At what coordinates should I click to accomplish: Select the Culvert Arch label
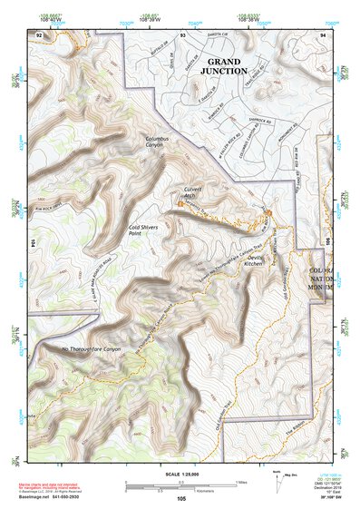pyautogui.click(x=186, y=192)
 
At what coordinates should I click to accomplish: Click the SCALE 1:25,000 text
pyautogui.click(x=180, y=474)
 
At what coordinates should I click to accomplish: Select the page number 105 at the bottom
pyautogui.click(x=181, y=498)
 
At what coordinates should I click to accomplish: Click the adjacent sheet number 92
pyautogui.click(x=38, y=34)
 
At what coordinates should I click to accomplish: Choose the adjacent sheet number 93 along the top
pyautogui.click(x=182, y=34)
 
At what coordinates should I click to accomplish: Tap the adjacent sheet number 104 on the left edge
pyautogui.click(x=32, y=244)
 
